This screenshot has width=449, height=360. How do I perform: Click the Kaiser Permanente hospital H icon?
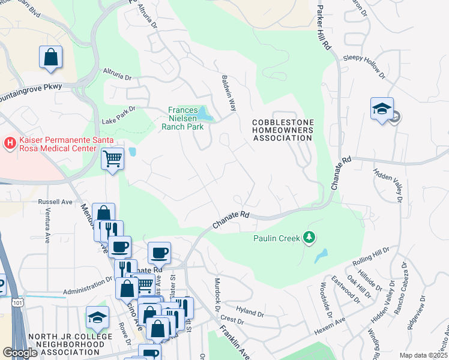[x=10, y=143]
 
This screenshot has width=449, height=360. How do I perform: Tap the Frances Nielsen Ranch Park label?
[x=187, y=118]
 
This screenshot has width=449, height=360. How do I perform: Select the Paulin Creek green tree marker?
[x=309, y=238]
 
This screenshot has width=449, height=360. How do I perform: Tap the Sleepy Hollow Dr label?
[x=363, y=58]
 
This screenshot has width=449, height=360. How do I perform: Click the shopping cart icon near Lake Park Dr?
[x=112, y=159]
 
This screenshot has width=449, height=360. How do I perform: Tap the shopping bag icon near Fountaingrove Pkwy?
[x=52, y=58]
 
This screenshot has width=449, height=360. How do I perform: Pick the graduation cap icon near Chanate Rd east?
[x=382, y=109]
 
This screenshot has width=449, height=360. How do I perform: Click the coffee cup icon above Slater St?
[x=159, y=253]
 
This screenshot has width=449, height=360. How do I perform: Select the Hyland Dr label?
[x=250, y=313]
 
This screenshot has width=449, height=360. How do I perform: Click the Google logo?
[x=20, y=353]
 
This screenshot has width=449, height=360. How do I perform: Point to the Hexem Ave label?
[x=328, y=331]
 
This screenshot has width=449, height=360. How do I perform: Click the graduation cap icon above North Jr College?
[x=97, y=317]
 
